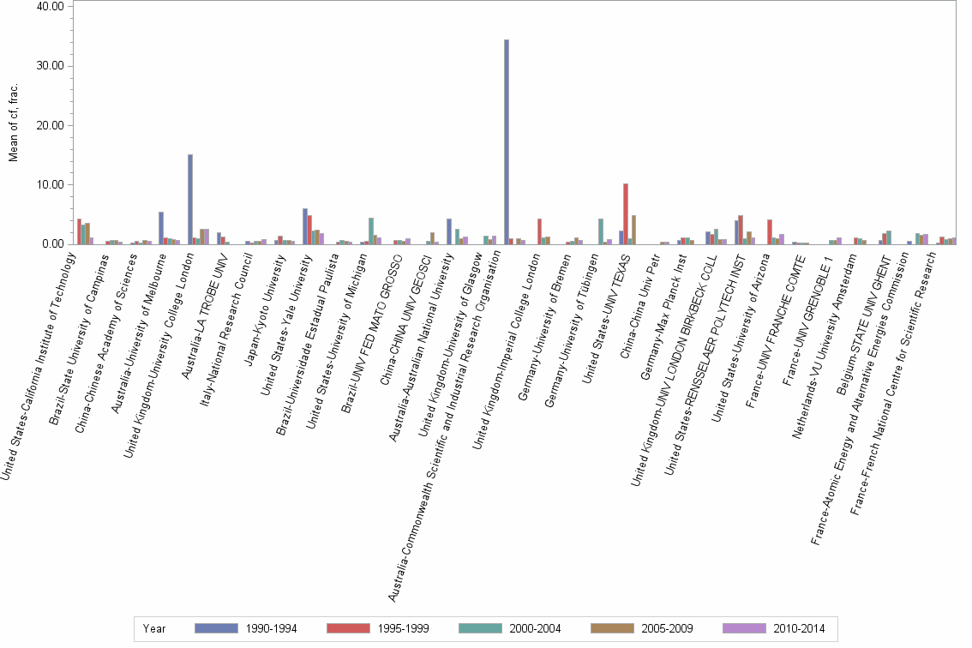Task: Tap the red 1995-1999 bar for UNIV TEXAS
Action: [x=626, y=214]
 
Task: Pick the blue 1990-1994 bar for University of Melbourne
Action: [x=161, y=228]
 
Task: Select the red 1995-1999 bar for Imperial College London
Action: [x=539, y=231]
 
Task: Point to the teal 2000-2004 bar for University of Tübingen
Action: [x=601, y=231]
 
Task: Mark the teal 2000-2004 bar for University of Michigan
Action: [x=371, y=231]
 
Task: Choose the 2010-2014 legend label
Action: [x=799, y=628]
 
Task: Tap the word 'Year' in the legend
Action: [x=154, y=628]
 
